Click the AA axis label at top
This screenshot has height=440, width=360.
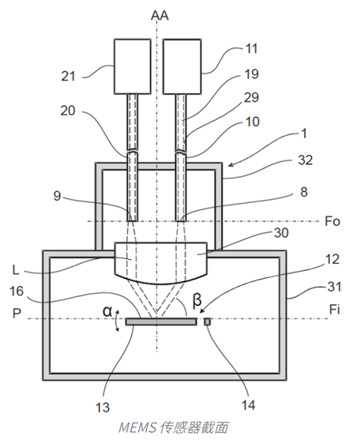[159, 15]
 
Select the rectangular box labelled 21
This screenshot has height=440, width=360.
[133, 66]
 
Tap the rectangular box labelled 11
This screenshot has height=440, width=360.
[182, 66]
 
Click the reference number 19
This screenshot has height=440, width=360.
[252, 74]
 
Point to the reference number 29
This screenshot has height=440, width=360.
[252, 98]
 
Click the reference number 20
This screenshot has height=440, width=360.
[68, 111]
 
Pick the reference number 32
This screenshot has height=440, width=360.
[305, 160]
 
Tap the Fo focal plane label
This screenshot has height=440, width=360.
[332, 221]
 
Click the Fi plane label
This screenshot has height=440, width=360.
[335, 310]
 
